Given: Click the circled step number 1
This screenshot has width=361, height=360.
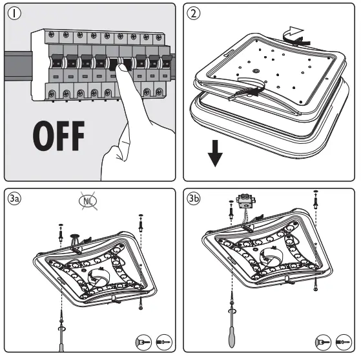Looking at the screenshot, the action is pos(14,13).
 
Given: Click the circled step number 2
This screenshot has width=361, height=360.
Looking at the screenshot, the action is pos(193,13).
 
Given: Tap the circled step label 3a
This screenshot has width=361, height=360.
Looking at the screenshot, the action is pos(14,198).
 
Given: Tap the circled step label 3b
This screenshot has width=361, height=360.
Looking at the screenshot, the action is pos(193,198).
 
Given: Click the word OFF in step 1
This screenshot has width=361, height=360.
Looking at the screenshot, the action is pos(59,135).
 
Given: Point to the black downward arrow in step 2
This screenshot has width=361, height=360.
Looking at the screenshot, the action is pos(215,153).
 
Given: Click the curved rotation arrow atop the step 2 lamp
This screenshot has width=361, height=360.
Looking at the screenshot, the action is pos(296,36).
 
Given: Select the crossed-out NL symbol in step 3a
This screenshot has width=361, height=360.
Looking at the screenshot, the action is pos(88,201).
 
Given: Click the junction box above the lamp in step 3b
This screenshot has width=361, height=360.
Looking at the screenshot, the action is pos(245,199).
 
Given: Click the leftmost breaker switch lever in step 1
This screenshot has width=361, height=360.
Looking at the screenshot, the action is pos(57,61).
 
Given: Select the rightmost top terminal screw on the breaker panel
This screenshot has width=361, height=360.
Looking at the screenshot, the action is pos(159,37).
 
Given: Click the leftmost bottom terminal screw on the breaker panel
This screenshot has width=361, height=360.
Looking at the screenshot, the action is pos(52,94).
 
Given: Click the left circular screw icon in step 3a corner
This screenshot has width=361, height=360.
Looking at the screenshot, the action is pos(143,343).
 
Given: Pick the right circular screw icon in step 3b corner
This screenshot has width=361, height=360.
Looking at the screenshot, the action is pos(344,343).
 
